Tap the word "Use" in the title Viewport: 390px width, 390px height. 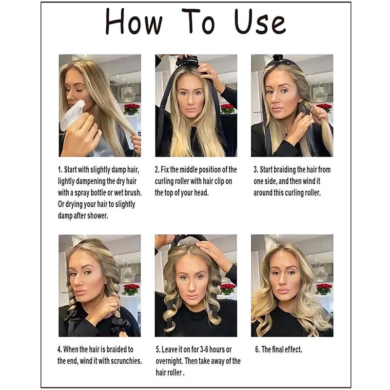pos(259,23)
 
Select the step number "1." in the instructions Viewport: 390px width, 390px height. pos(60,170)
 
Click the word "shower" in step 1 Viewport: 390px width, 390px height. pos(97,215)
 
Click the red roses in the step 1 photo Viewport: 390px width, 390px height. pos(131,108)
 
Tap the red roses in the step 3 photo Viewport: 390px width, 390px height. pos(324,108)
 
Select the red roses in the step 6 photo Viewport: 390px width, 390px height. pos(323,288)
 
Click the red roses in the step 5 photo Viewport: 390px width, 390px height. pos(227,288)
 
